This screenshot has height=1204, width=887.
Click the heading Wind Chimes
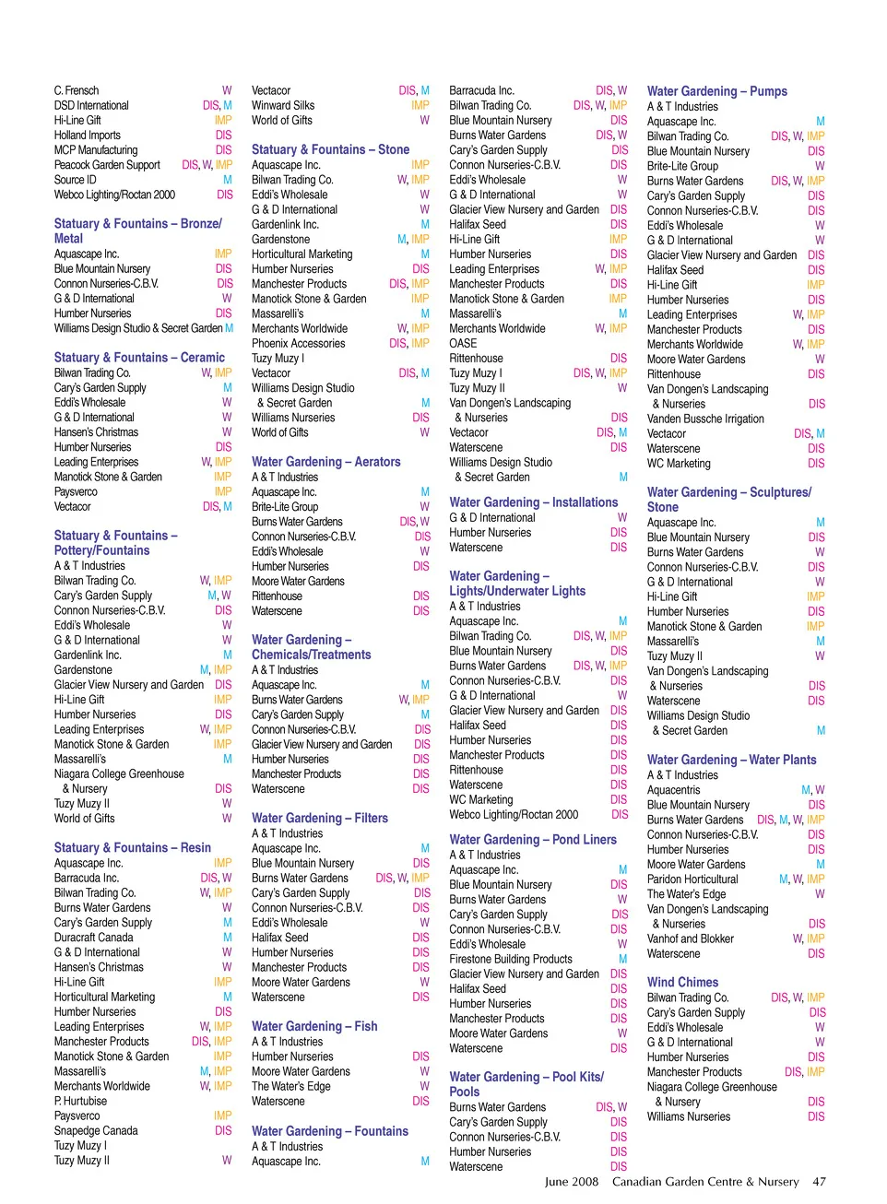(x=682, y=983)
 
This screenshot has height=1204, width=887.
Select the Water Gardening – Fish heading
(x=314, y=1026)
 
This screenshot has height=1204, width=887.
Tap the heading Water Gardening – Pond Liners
(x=533, y=840)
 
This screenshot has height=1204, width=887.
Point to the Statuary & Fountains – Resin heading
(x=133, y=848)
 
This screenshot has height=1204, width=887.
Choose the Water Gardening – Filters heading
(x=320, y=818)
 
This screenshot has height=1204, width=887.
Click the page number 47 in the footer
(x=819, y=1181)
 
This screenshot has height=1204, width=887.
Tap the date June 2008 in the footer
(x=571, y=1181)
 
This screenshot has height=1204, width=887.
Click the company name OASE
(x=463, y=343)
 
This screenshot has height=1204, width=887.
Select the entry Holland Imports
(x=87, y=135)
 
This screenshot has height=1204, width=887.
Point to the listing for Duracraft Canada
(x=94, y=938)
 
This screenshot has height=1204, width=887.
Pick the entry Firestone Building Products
(x=511, y=959)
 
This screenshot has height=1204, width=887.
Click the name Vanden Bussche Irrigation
(x=705, y=419)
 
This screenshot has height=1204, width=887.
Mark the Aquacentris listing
(x=673, y=790)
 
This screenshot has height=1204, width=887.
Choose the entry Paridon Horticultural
(x=692, y=879)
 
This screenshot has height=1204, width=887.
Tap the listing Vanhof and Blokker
(x=691, y=938)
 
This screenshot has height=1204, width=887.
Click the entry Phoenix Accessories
(x=299, y=343)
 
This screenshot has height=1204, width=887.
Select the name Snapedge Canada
(x=96, y=1130)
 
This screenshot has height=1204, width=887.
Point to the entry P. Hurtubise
(x=80, y=1101)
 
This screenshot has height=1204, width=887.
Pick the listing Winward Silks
(x=283, y=105)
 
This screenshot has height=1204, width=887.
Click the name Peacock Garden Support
(x=107, y=165)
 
